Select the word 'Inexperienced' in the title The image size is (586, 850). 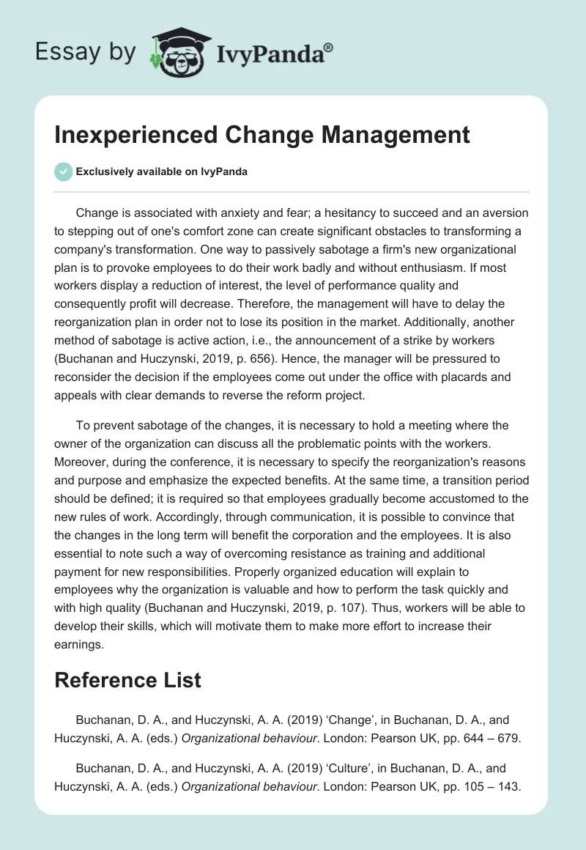[135, 135]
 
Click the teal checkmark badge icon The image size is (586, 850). [63, 171]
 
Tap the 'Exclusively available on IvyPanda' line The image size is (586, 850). [162, 171]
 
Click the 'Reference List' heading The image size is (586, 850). [127, 679]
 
